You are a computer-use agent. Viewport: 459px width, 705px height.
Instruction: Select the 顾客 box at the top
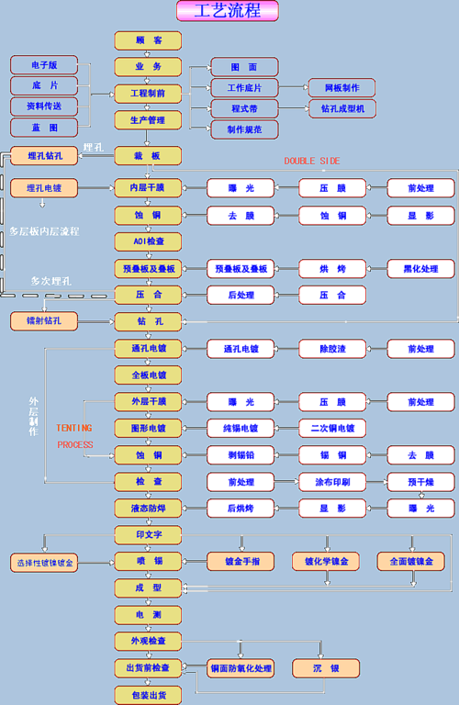click(147, 40)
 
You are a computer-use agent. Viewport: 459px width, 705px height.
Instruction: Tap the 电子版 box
click(44, 65)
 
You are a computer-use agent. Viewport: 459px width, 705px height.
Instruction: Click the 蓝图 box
click(44, 128)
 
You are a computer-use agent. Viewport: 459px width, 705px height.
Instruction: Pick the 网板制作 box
click(341, 88)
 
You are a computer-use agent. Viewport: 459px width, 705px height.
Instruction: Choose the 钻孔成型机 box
click(341, 108)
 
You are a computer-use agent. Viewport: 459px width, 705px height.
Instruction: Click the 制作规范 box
click(244, 129)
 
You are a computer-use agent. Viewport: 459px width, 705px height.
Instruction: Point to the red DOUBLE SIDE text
click(311, 161)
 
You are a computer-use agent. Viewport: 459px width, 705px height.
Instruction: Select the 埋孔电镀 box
click(43, 188)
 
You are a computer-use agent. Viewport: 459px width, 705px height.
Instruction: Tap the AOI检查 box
click(147, 241)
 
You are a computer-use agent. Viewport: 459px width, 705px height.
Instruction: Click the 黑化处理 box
click(420, 269)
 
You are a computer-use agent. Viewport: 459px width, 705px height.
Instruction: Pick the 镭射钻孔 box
click(43, 321)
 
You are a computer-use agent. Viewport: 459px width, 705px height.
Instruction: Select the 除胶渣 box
click(332, 349)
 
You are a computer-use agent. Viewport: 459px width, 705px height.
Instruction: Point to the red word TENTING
click(73, 428)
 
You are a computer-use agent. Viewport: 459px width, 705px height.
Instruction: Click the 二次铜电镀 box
click(332, 428)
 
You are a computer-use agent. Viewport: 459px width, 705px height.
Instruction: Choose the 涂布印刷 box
click(332, 482)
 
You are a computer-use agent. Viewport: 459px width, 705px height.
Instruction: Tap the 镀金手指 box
click(242, 560)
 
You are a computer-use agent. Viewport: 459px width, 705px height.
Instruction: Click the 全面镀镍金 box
click(411, 560)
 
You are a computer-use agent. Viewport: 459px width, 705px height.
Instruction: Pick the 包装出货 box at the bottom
click(147, 694)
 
